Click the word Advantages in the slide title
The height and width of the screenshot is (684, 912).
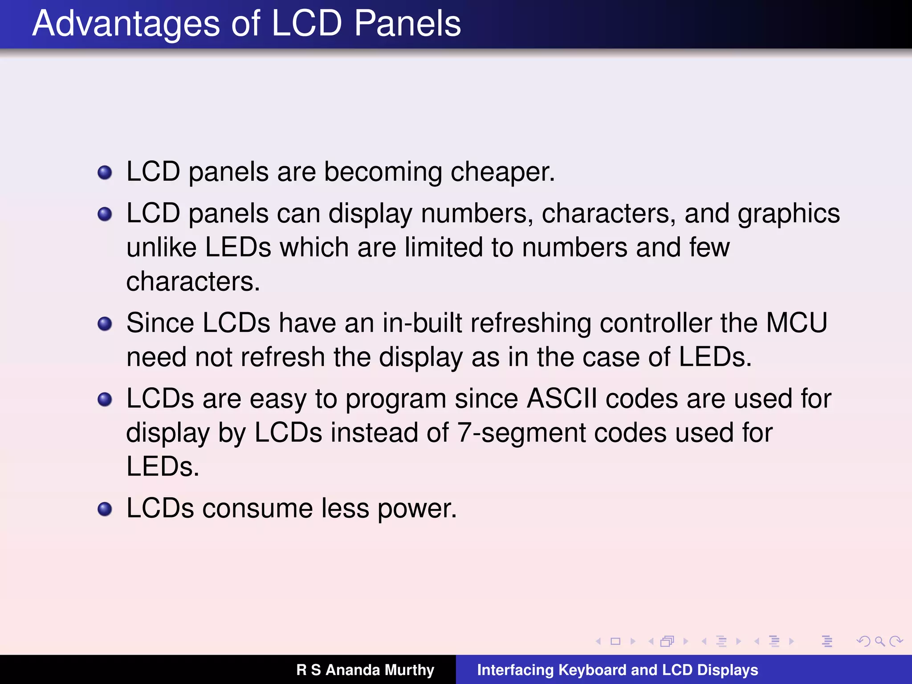[126, 24]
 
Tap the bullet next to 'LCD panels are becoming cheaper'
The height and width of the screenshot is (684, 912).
[105, 173]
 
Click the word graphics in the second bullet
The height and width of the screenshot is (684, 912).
[789, 214]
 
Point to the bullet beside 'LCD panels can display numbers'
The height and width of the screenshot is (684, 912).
[105, 214]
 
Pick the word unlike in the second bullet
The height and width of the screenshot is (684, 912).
[161, 248]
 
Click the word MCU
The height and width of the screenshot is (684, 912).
[797, 323]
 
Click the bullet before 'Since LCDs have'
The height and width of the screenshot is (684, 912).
[105, 324]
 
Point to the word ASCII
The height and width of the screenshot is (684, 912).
[562, 399]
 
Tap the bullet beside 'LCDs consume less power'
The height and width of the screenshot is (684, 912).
[105, 509]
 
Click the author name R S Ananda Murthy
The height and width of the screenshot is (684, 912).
[365, 670]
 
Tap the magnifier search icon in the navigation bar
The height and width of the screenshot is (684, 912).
[879, 641]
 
